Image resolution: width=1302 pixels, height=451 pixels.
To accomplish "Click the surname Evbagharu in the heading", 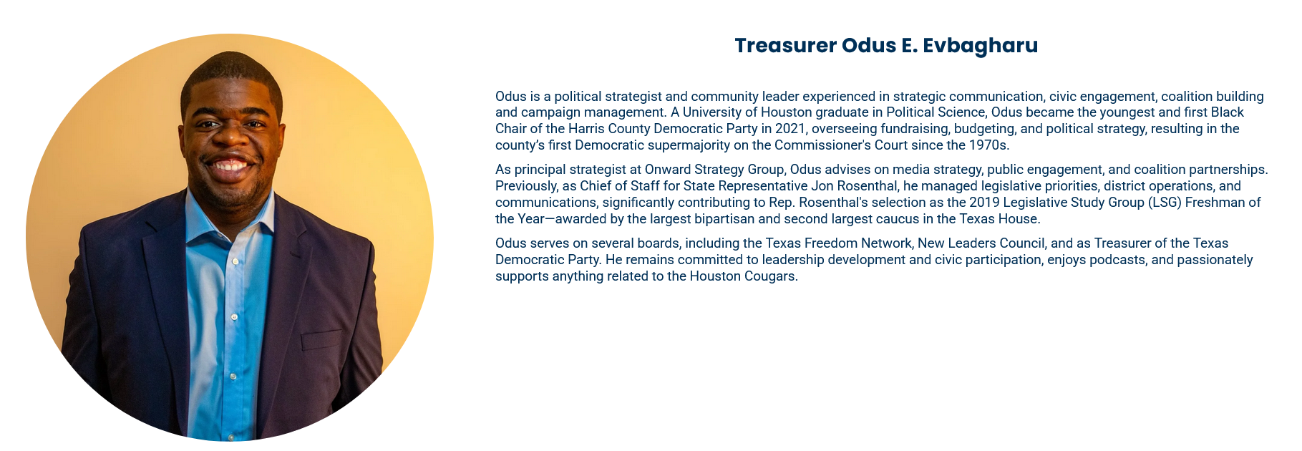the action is click(x=980, y=46).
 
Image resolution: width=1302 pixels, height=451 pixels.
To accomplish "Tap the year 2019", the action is click(x=984, y=203).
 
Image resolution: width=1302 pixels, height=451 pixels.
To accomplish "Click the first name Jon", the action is click(x=822, y=186).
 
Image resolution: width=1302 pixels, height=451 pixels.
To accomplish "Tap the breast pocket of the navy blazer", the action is click(x=321, y=339).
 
